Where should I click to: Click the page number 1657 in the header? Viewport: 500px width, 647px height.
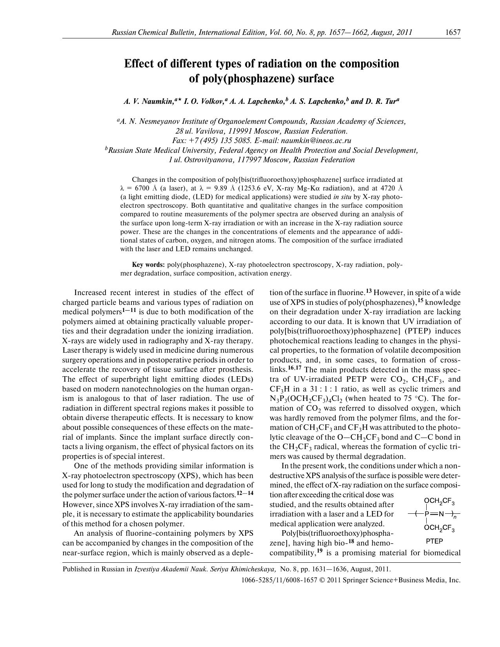[453, 33]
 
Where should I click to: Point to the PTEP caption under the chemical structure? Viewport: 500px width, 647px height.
[434, 541]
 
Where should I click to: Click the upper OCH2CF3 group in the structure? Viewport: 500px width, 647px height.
[439, 501]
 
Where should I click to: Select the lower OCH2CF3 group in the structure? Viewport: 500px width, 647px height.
[439, 529]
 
